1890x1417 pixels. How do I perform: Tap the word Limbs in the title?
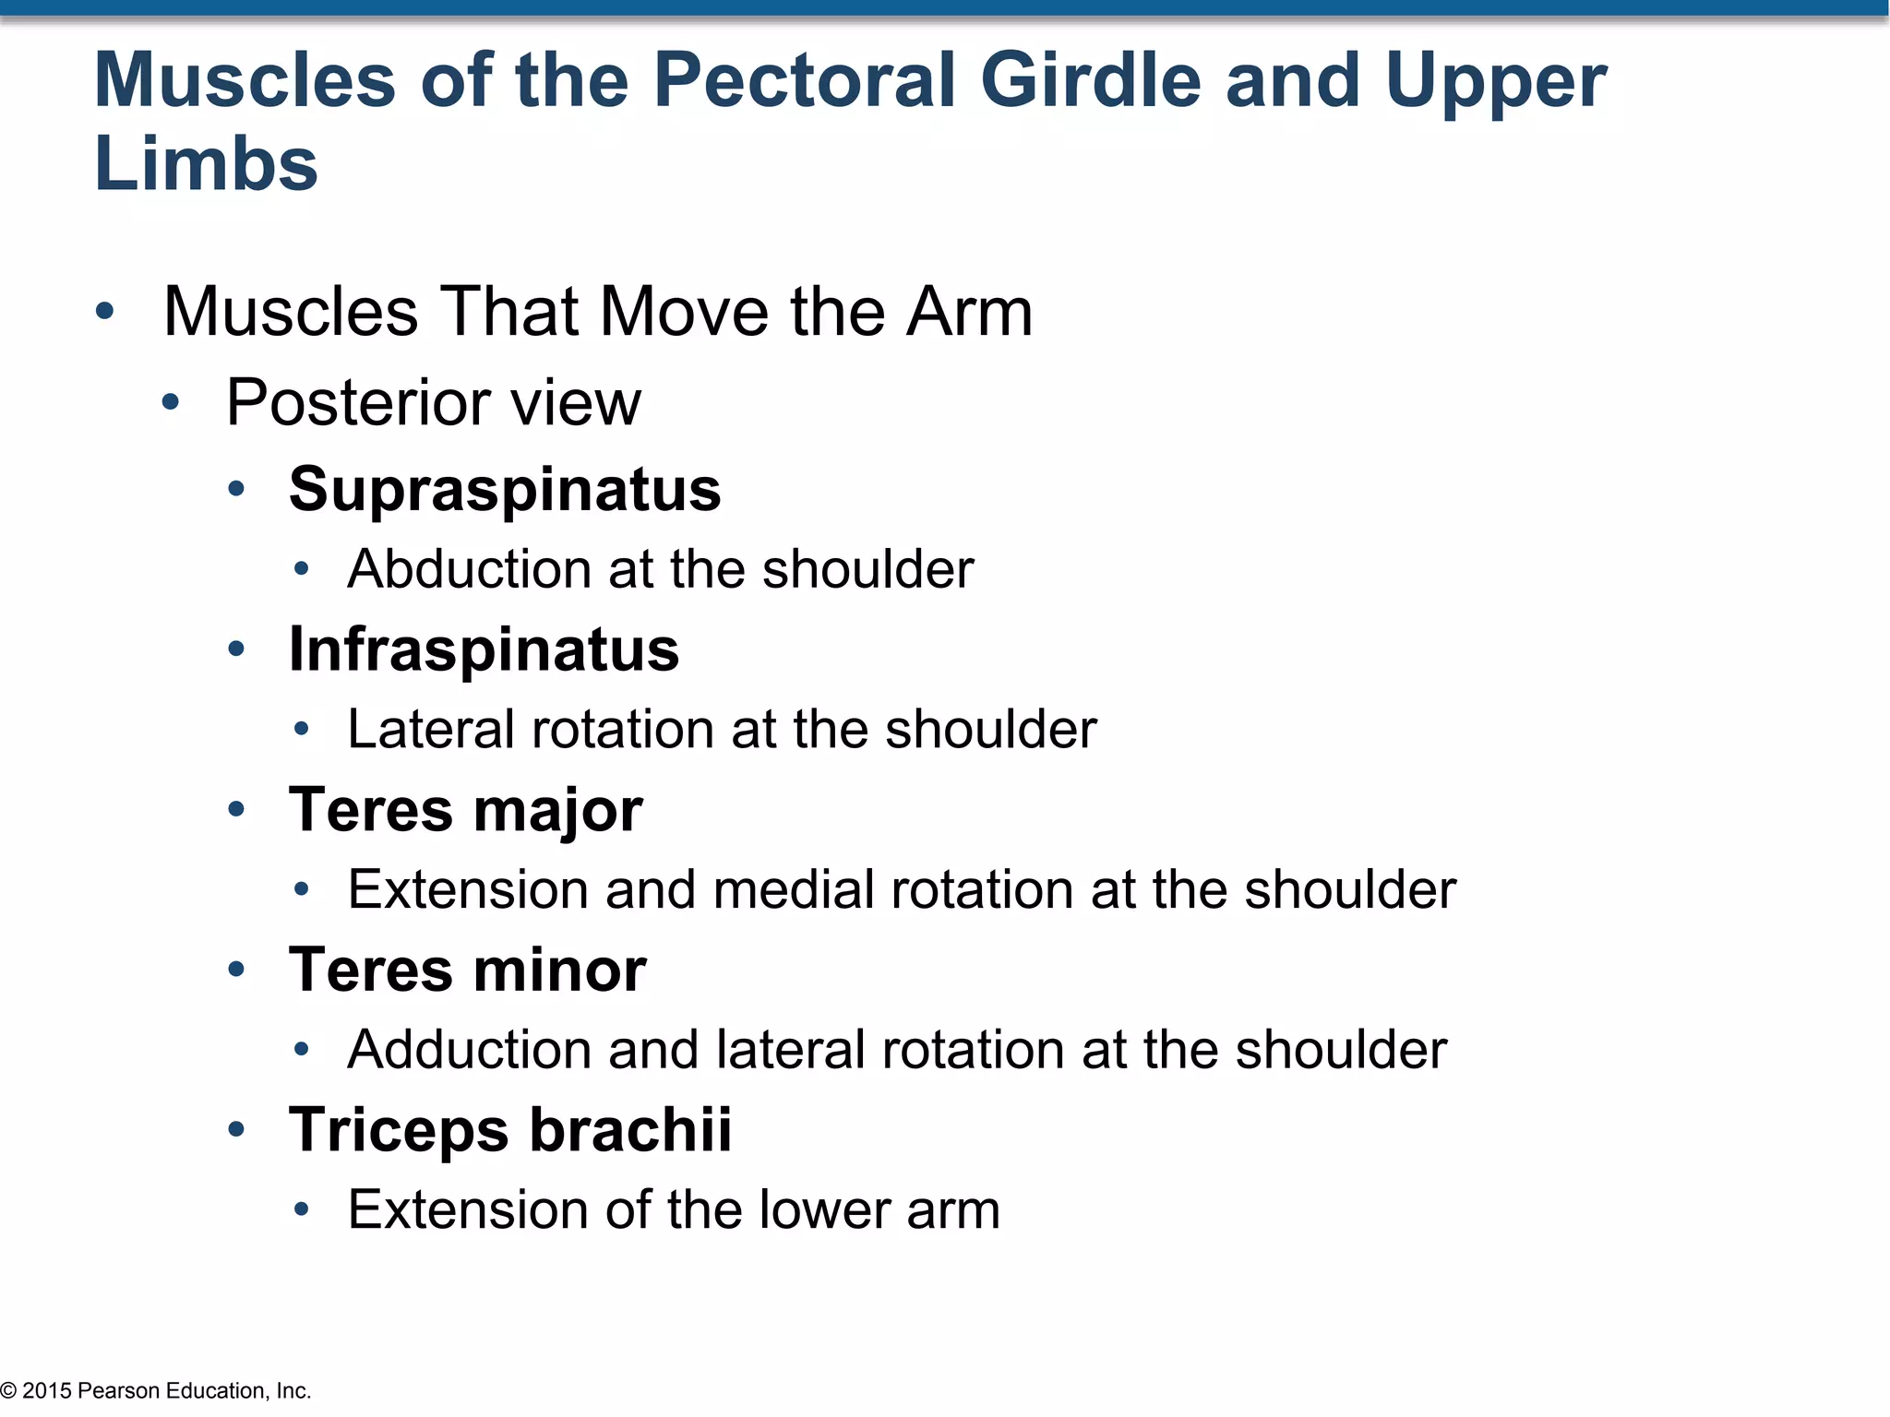[x=206, y=165]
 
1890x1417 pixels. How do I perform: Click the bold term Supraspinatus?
[x=505, y=489]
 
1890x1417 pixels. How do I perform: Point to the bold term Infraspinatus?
[x=484, y=649]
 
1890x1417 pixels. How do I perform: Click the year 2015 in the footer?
[x=47, y=1391]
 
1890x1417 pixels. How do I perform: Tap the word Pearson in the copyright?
[x=119, y=1391]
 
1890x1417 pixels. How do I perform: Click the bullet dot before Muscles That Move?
[x=105, y=312]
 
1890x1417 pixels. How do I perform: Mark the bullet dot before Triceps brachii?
[x=236, y=1130]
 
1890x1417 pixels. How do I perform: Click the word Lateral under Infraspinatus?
[x=431, y=730]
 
